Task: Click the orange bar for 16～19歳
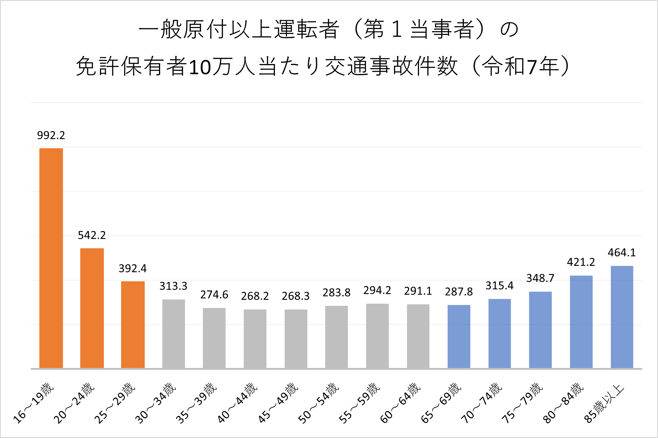(x=51, y=258)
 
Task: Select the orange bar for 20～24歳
(x=92, y=308)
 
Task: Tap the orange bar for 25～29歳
(x=133, y=325)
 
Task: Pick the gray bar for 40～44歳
(x=255, y=339)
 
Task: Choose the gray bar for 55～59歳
(x=377, y=336)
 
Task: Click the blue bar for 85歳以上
(x=622, y=317)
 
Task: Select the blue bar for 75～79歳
(x=541, y=330)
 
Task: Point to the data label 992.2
(x=51, y=135)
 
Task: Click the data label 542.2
(x=92, y=235)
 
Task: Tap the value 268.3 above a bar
(x=296, y=296)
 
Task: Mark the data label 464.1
(x=622, y=252)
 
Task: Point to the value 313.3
(x=174, y=286)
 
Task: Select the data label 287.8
(x=459, y=292)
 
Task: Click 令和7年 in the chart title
(x=521, y=66)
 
